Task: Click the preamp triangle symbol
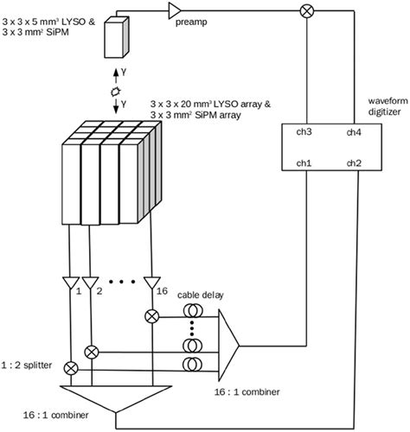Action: (x=176, y=10)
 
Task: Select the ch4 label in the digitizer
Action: (x=356, y=133)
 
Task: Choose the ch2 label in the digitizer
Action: (x=356, y=162)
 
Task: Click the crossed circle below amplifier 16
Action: (x=151, y=316)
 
